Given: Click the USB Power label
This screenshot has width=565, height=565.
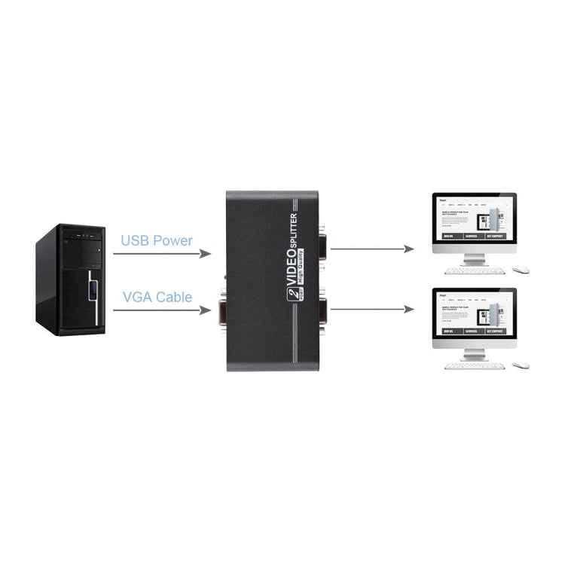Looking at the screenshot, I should (x=157, y=241).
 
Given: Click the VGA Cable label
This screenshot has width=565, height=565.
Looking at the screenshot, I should (x=157, y=296).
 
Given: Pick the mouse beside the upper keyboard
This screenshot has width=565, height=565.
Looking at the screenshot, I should (x=521, y=269).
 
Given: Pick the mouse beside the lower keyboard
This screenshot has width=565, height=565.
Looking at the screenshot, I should (x=521, y=365).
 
